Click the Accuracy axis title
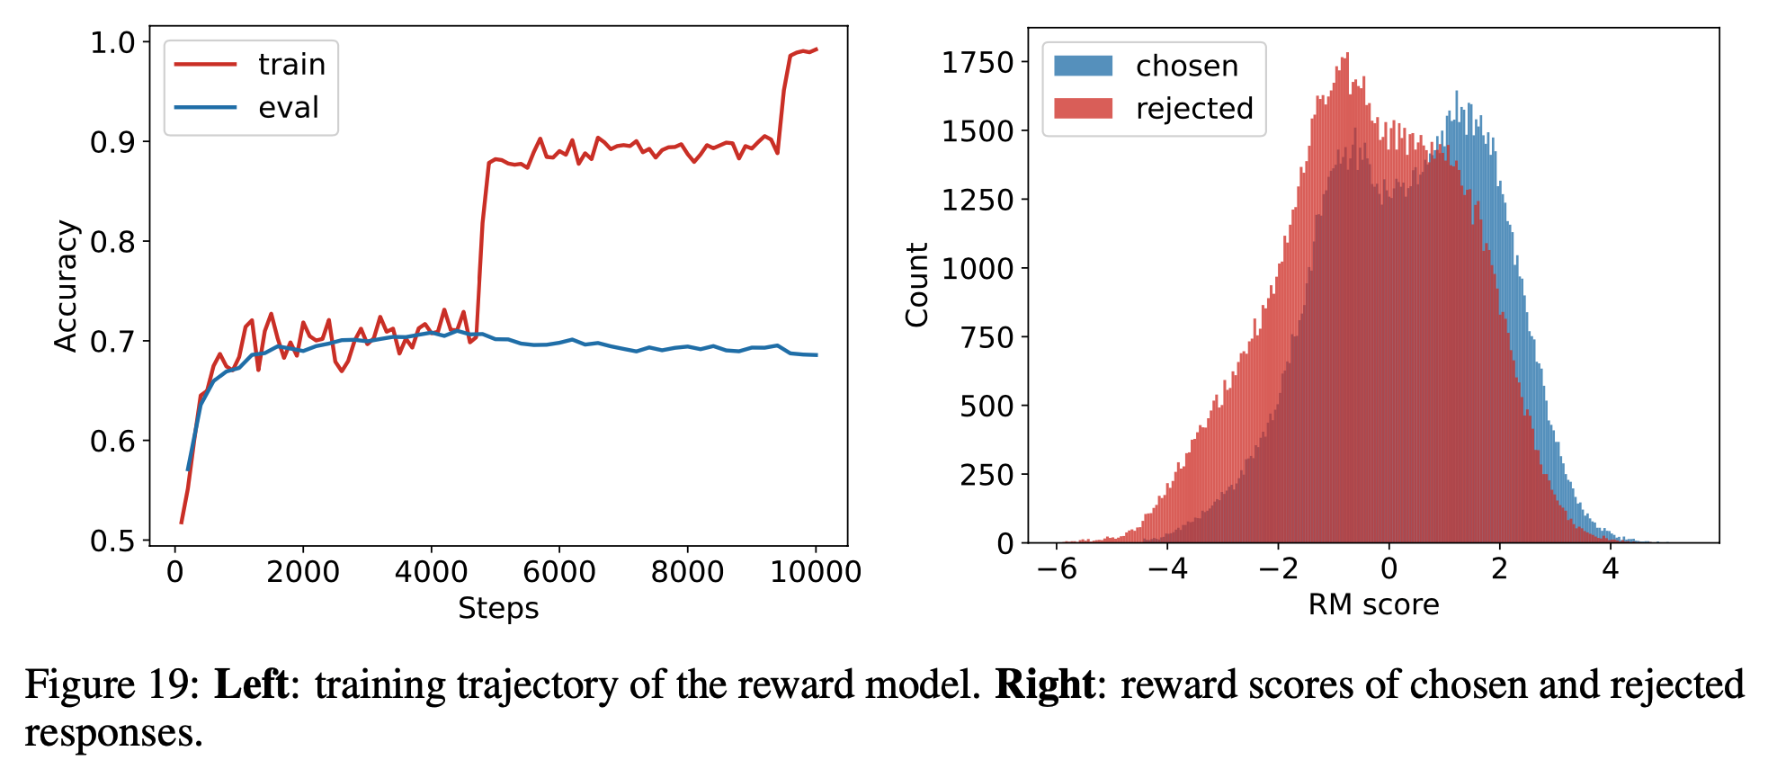click(66, 286)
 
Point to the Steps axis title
click(498, 609)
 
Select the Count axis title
click(916, 284)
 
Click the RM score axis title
click(1373, 605)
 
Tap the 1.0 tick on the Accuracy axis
click(112, 42)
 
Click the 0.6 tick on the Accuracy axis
click(112, 442)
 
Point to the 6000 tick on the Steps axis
click(558, 572)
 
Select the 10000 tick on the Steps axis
click(816, 572)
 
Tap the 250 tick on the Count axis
click(987, 475)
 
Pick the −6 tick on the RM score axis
click(1057, 569)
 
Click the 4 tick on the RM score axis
click(1610, 569)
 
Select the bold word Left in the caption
click(251, 685)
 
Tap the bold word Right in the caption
click(1044, 685)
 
